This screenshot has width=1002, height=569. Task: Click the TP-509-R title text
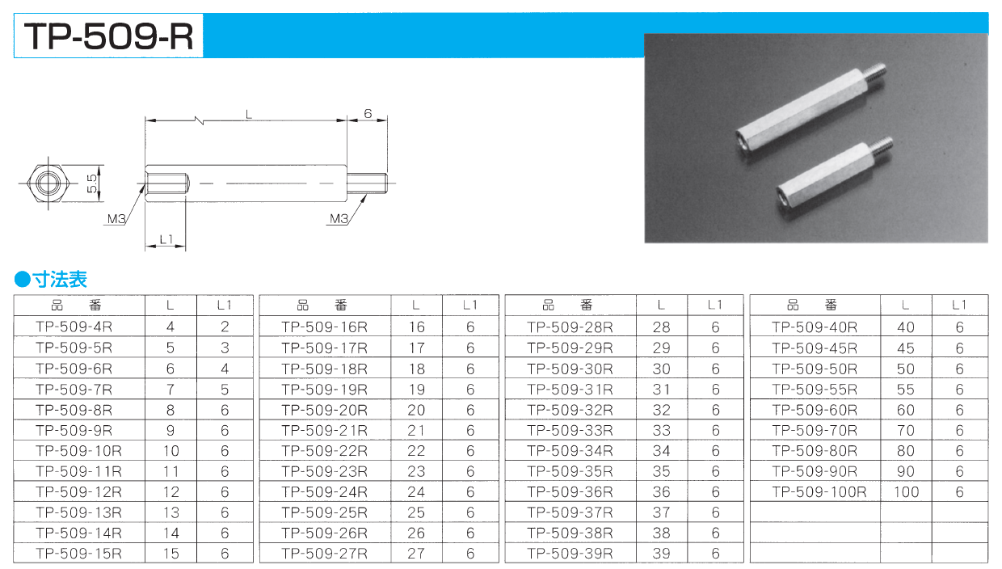(109, 36)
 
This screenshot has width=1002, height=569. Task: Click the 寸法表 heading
(60, 280)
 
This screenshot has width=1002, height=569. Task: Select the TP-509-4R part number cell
(74, 327)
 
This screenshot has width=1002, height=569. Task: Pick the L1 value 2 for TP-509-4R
(225, 327)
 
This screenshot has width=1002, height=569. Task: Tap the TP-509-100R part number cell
(819, 492)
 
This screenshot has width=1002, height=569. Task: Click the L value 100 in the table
(907, 492)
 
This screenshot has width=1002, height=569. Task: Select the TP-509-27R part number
(324, 554)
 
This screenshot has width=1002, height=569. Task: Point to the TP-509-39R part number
(570, 554)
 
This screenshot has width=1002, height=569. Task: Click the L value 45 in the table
(906, 348)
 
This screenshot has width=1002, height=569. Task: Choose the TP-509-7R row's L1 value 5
(225, 390)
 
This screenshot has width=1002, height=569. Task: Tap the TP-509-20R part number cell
(324, 411)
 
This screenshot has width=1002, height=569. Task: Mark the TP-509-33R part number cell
(570, 430)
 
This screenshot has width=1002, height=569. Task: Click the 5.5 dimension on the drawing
(91, 183)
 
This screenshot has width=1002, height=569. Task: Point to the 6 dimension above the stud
(368, 114)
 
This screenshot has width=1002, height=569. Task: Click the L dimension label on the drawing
(249, 115)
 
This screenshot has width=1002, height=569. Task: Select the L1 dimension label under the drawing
(166, 240)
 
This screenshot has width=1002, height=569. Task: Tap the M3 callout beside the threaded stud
(339, 219)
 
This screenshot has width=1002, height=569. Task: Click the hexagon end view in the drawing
(48, 183)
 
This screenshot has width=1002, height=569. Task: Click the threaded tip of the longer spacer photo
(876, 77)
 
